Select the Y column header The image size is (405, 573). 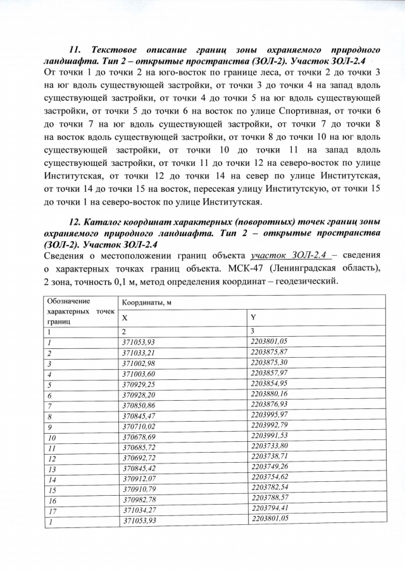coord(254,316)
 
